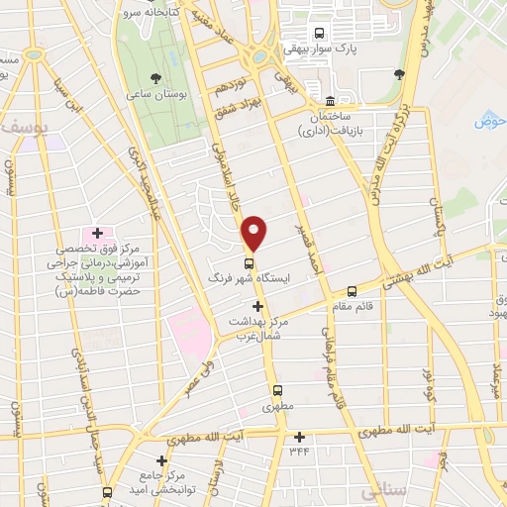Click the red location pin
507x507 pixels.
click(255, 233)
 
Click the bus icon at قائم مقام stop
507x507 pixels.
click(352, 290)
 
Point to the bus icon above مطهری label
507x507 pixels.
click(278, 390)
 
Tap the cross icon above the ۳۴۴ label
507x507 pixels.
click(299, 437)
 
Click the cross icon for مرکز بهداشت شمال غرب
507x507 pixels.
click(257, 307)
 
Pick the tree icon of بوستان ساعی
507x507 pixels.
click(155, 77)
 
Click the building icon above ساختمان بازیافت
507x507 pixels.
click(331, 100)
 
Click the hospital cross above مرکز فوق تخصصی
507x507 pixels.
click(97, 232)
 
